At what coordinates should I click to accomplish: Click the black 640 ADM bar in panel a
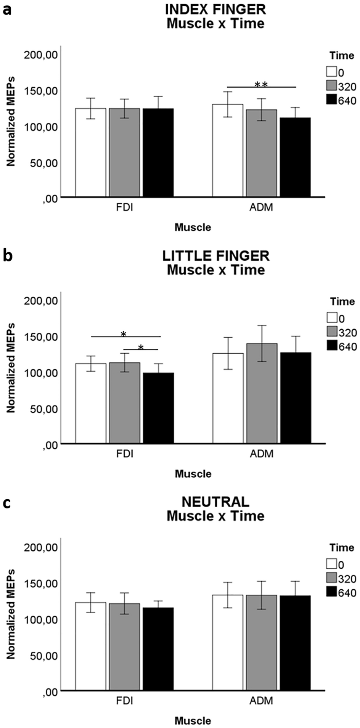(x=295, y=157)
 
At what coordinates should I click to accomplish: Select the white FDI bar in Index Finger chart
(x=90, y=152)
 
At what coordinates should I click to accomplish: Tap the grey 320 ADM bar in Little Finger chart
(x=262, y=393)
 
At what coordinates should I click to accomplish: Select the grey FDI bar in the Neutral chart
(x=124, y=647)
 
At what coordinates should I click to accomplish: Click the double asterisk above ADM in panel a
(x=261, y=85)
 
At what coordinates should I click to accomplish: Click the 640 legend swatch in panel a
(x=331, y=100)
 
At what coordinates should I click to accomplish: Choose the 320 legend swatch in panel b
(x=331, y=332)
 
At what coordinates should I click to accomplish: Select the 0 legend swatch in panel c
(x=331, y=564)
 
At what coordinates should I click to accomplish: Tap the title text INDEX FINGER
(x=215, y=9)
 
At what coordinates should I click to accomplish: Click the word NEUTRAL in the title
(x=215, y=502)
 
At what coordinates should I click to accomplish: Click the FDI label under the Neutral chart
(x=125, y=701)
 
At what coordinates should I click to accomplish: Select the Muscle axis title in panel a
(x=193, y=228)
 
